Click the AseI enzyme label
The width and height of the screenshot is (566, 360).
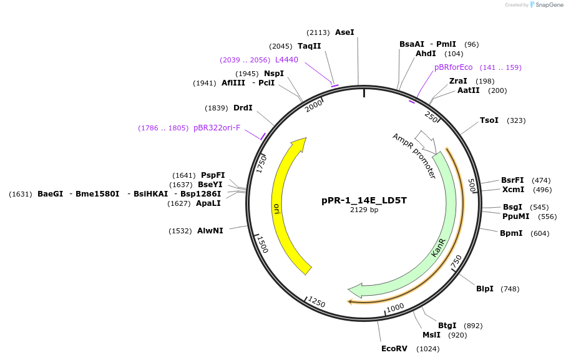click(344, 32)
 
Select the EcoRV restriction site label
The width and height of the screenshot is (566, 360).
click(394, 348)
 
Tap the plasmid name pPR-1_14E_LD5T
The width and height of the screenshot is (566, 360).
click(364, 200)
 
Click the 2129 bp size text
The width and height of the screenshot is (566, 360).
click(364, 210)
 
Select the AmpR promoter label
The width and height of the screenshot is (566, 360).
click(414, 156)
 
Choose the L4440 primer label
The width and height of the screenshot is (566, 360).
click(286, 60)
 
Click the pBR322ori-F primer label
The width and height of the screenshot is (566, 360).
click(217, 128)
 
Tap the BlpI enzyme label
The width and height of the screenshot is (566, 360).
click(485, 288)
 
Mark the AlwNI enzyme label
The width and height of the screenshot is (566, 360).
click(210, 231)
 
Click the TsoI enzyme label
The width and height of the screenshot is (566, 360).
click(489, 120)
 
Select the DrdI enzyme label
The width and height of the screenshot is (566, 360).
click(243, 108)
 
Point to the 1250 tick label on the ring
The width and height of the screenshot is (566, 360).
click(317, 303)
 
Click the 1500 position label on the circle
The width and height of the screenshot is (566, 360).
click(263, 245)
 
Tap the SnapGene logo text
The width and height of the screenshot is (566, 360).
click(547, 5)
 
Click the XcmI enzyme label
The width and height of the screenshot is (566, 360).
click(513, 190)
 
